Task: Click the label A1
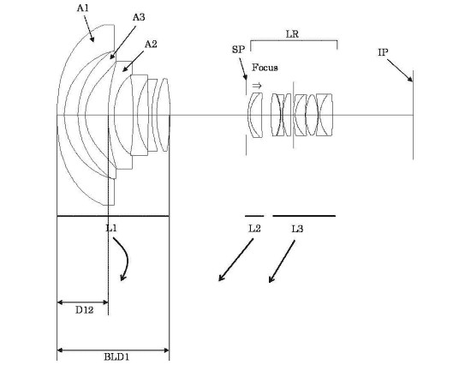coord(83,8)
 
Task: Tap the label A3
coord(139,17)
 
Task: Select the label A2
coord(151,45)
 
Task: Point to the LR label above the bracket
coord(292,34)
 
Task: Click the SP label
coord(239,50)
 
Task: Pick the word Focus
coord(265,68)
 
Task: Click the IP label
coord(383,52)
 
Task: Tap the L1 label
coord(111,228)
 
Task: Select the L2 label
coord(254,229)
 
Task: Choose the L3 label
coord(297,229)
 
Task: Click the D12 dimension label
coord(84,309)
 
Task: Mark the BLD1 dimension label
coord(116,357)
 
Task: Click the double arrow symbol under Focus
coord(257,86)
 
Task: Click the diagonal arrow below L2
coord(235,260)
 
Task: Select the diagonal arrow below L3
coord(282,261)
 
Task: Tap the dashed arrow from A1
coord(88,28)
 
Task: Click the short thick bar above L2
coord(254,216)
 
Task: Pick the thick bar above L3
coord(304,216)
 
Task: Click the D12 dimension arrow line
coord(82,302)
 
